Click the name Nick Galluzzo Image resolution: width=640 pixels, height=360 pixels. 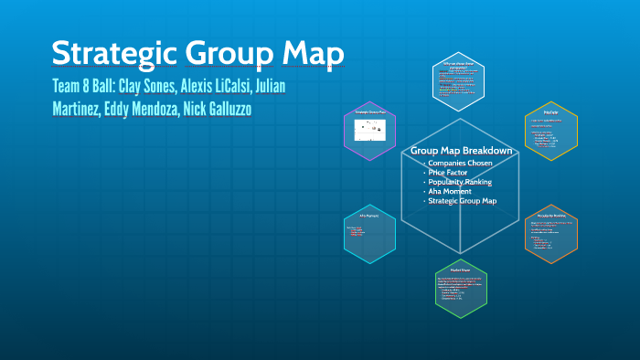[229, 110]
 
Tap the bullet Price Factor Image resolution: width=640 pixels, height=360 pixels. [449, 172]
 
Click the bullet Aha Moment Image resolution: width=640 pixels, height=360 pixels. [449, 191]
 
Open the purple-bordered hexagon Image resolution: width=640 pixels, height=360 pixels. [369, 131]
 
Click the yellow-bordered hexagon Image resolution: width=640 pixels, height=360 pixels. [551, 131]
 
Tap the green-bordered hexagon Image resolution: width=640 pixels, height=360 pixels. [461, 289]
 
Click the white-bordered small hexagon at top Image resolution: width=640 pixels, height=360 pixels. [461, 79]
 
